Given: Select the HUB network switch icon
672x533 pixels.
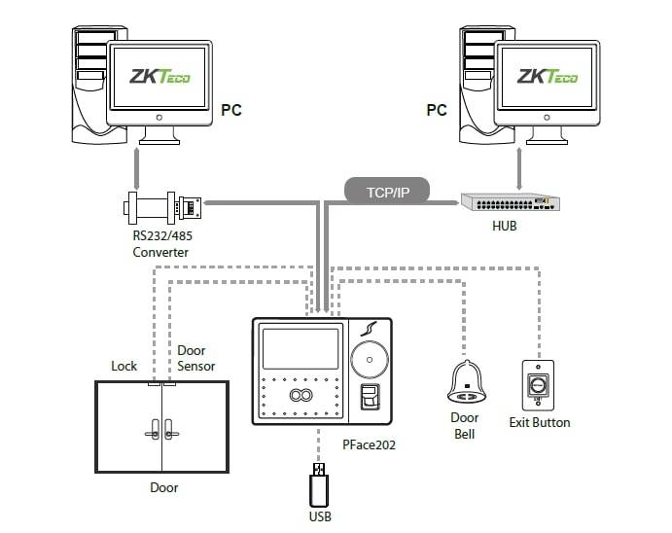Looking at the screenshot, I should pos(511,202).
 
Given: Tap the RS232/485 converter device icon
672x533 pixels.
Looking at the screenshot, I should pos(163,206).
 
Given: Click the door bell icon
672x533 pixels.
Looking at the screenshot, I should pos(466,383).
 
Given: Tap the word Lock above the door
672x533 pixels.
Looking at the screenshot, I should pos(124,367).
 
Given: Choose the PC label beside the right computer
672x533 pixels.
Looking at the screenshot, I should pos(437,110).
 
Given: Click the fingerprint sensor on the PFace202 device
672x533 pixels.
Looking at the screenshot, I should pos(369,399).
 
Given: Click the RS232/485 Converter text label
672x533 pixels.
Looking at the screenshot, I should pos(161,244).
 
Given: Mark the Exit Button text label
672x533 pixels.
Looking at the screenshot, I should pos(540,422).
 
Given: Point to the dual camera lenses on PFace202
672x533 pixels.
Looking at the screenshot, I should pos(299,395).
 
